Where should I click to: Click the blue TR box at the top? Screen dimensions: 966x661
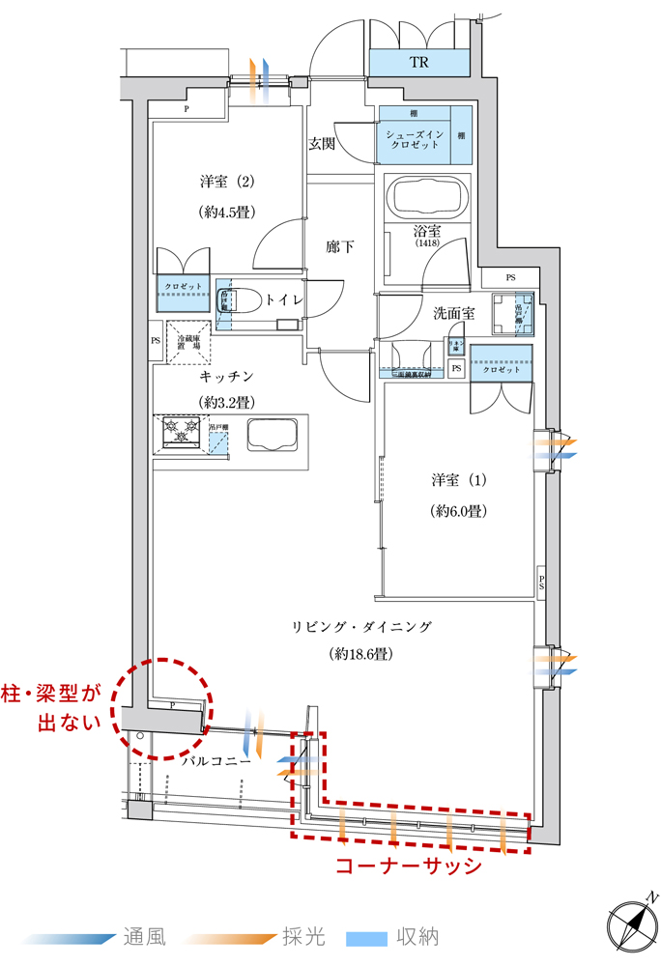(x=418, y=64)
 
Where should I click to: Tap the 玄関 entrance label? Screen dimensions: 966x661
(x=322, y=144)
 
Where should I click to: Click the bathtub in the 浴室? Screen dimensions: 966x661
(x=426, y=197)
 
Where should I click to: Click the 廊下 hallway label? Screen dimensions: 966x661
(x=339, y=246)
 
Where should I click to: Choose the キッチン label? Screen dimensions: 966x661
(x=226, y=376)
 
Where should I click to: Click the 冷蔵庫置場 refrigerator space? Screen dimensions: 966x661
(x=189, y=342)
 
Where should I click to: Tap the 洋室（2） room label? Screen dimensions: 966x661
(x=227, y=182)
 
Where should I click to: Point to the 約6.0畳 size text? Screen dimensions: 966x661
(x=457, y=510)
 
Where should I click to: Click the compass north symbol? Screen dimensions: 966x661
(x=633, y=923)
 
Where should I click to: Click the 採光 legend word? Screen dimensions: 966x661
(x=303, y=937)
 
